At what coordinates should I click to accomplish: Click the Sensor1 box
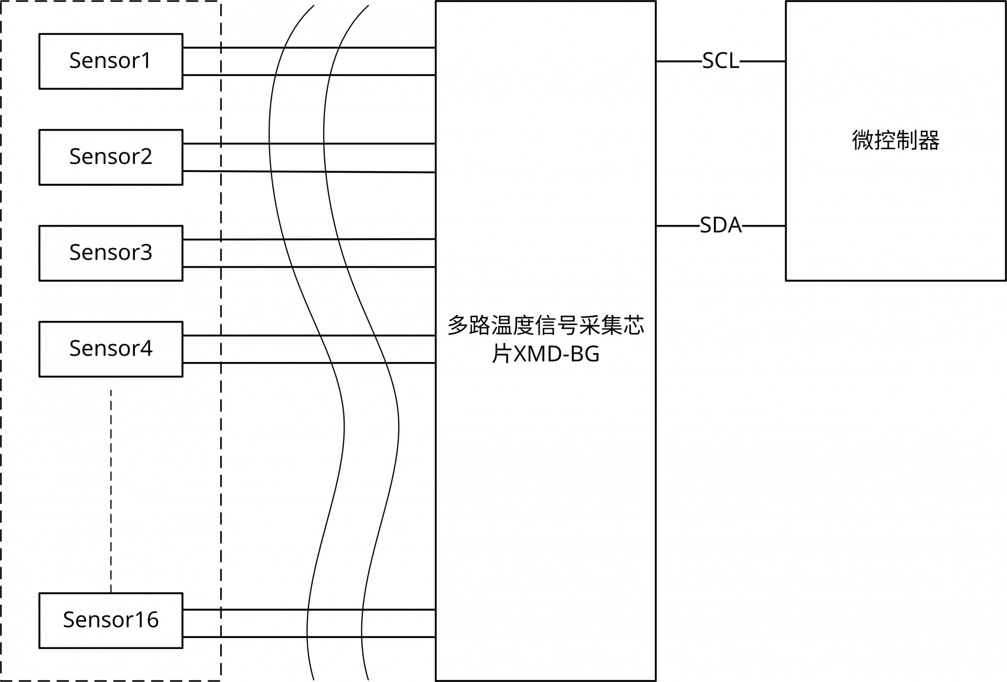coord(111,61)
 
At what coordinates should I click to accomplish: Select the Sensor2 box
coord(111,157)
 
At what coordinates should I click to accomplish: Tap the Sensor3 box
coord(111,253)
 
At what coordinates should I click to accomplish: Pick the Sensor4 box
coord(111,349)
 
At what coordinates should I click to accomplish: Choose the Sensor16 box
coord(111,620)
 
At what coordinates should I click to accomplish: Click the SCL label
coord(721,61)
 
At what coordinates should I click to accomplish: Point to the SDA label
coord(721,226)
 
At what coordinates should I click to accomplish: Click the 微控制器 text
coord(895,141)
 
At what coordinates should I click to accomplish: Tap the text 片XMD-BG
coord(545,355)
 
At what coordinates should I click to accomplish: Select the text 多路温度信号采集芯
coord(545,326)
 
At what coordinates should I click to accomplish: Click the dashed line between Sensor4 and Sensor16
coord(111,491)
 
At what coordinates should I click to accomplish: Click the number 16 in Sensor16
coord(146,620)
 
